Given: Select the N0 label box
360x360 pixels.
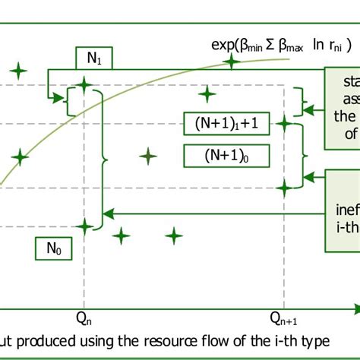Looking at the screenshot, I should click(54, 248).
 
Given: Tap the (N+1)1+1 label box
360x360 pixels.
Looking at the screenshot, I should click(226, 124).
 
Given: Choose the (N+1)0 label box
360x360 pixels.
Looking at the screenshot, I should click(226, 156).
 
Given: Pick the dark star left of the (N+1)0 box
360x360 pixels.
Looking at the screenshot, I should click(149, 156).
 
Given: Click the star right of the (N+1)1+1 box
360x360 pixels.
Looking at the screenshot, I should click(285, 123).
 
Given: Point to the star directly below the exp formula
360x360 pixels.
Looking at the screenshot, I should click(206, 93).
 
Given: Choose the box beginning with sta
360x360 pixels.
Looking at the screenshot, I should click(342, 109).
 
